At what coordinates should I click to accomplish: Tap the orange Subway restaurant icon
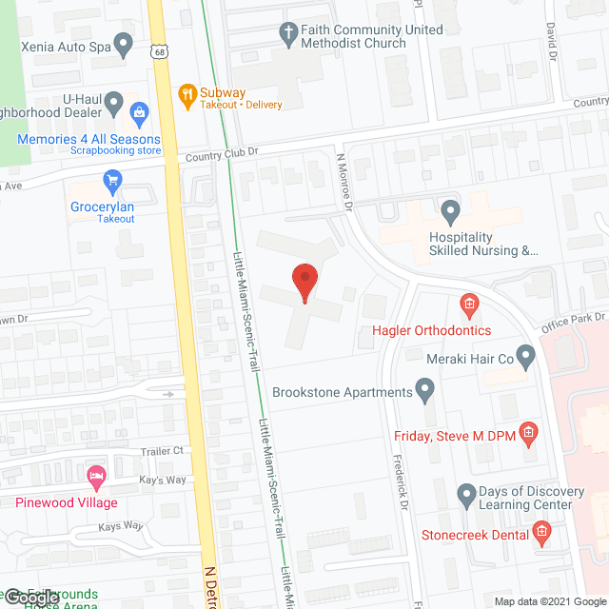(x=187, y=93)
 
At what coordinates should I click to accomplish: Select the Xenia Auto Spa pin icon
(x=123, y=43)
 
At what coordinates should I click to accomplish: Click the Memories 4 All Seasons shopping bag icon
(x=141, y=116)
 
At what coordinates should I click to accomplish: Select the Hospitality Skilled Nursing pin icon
(x=450, y=209)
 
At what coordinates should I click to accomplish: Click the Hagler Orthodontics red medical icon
(x=468, y=304)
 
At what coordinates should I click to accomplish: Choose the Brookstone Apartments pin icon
(x=425, y=390)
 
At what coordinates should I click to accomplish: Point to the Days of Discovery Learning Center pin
(x=466, y=495)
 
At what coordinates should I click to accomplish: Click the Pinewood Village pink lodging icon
(x=95, y=475)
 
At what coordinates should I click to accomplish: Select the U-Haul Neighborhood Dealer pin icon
(x=114, y=101)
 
